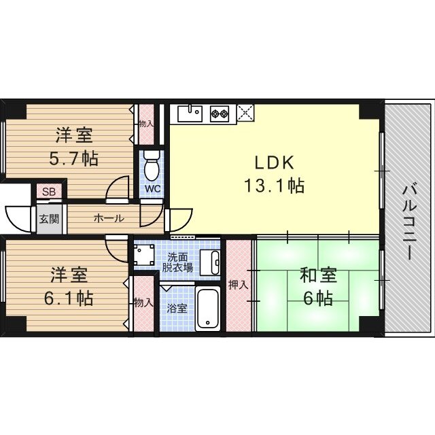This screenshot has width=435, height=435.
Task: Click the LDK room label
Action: tap(273, 163)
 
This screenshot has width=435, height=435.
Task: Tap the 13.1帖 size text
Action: tap(273, 185)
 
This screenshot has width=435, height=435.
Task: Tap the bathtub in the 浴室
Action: tap(207, 309)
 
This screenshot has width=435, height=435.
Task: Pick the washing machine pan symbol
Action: tap(143, 254)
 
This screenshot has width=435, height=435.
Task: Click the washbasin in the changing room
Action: tap(213, 259)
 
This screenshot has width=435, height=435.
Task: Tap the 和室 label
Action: tap(319, 276)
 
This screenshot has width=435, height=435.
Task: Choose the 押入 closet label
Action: tap(238, 285)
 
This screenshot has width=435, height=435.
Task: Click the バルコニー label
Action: tap(409, 221)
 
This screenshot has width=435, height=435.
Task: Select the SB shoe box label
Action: tap(48, 192)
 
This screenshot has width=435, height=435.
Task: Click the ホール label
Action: tap(108, 219)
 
